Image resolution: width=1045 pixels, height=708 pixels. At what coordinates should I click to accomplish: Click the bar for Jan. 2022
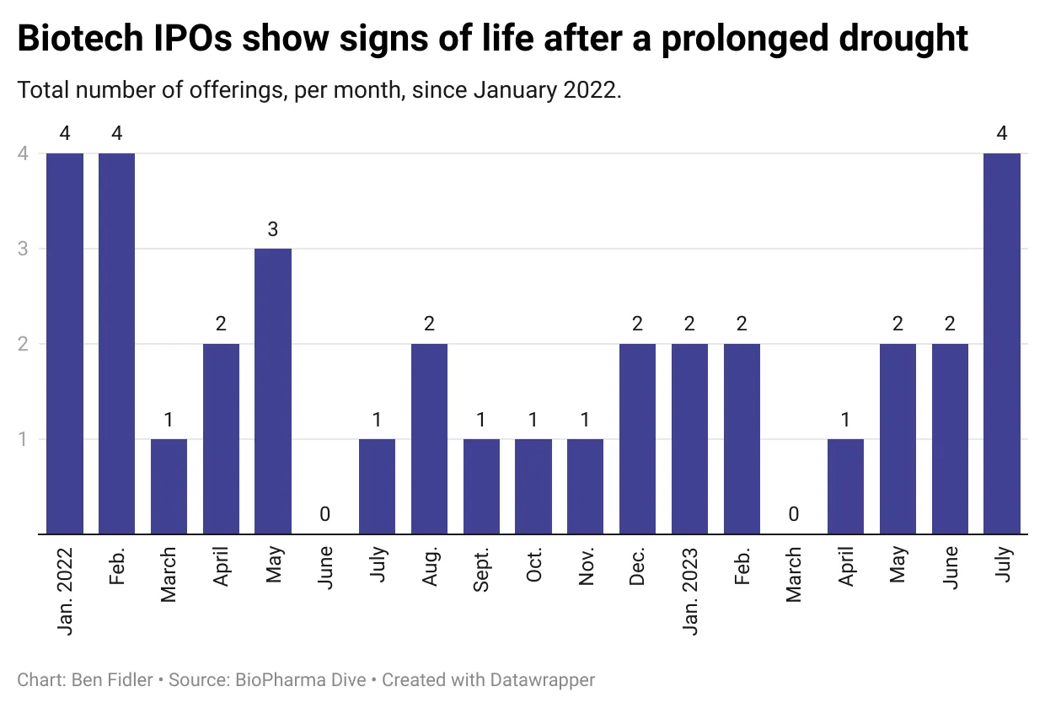65,343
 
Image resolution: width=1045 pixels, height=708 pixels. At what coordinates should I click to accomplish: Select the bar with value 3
273,391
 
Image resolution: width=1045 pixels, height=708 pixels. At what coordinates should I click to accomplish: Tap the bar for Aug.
429,438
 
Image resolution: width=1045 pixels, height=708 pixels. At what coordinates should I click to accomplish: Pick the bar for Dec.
637,438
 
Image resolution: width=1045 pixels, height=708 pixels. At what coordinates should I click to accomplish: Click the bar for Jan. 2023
689,438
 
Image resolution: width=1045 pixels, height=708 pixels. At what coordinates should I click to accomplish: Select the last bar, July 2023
1002,343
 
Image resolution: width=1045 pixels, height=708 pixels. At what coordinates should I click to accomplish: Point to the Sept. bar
481,486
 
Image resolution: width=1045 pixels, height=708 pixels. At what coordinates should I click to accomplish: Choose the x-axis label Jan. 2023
689,590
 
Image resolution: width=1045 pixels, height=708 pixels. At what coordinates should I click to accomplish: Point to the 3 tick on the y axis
24,249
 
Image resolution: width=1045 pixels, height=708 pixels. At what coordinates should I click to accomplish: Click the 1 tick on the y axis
24,439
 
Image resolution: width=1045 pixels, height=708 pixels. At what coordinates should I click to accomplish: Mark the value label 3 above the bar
273,229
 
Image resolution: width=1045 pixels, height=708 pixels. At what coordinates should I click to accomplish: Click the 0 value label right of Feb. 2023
794,514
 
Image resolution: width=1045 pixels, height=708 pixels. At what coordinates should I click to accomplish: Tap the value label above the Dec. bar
637,324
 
